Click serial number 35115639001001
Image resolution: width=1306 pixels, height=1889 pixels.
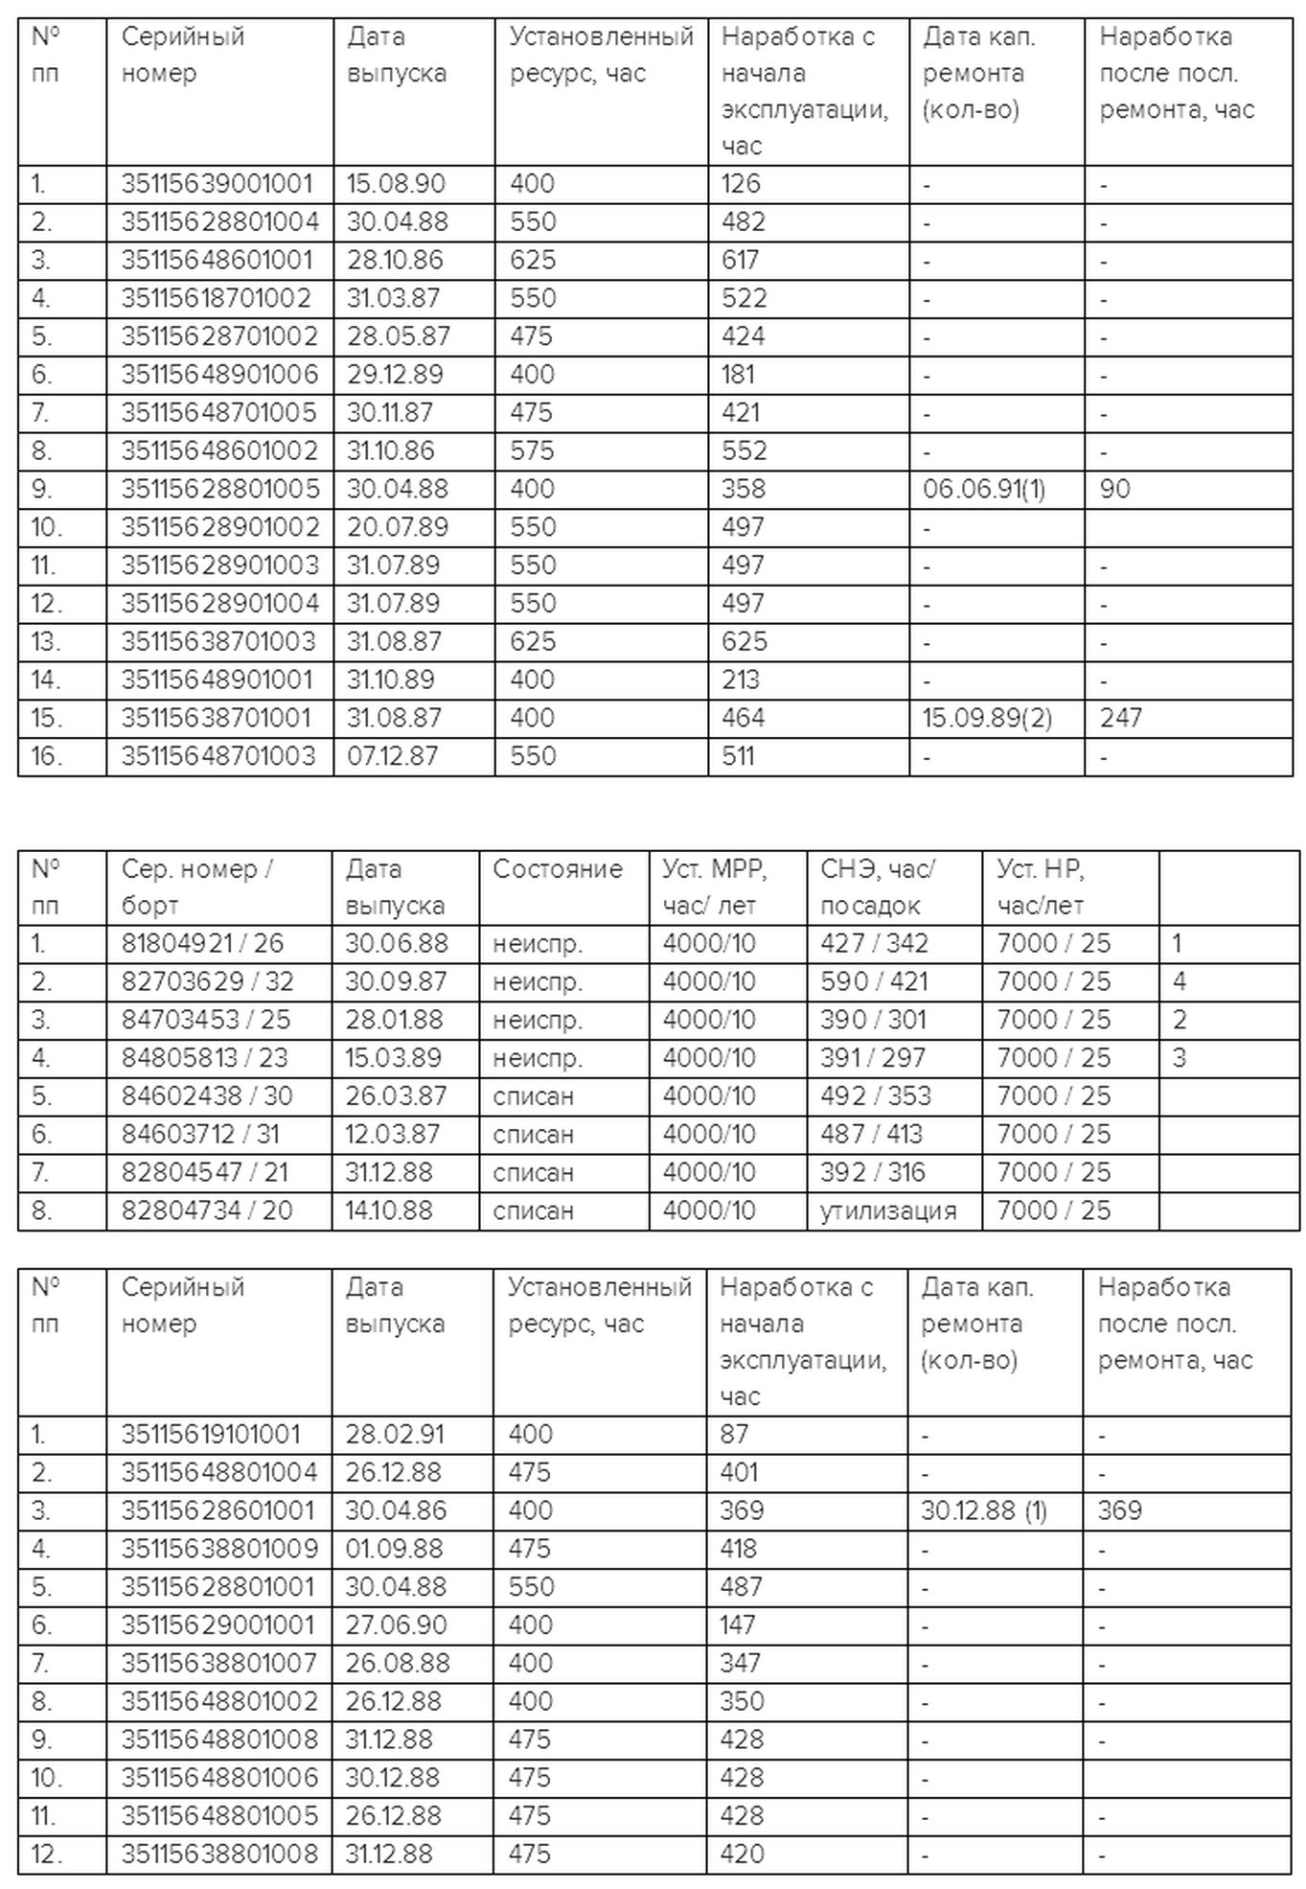click(x=217, y=183)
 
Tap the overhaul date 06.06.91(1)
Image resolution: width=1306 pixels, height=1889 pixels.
click(x=984, y=489)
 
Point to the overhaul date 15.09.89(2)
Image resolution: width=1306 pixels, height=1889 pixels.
click(x=987, y=718)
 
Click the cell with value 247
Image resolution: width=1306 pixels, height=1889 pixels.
click(x=1120, y=718)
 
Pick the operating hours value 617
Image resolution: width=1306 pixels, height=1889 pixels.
click(x=740, y=260)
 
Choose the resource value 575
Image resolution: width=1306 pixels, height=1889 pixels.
click(x=533, y=450)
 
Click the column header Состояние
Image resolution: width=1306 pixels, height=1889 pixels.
click(x=557, y=869)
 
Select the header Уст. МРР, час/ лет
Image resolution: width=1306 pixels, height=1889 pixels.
click(x=715, y=887)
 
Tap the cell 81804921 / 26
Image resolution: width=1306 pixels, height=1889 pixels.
click(x=202, y=943)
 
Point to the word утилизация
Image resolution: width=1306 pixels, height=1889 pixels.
click(x=888, y=1210)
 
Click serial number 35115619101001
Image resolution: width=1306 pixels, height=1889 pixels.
click(x=211, y=1435)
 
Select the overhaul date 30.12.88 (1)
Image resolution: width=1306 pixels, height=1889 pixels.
click(x=984, y=1511)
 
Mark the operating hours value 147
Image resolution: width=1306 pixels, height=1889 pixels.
click(x=738, y=1625)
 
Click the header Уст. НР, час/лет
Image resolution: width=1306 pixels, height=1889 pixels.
click(x=1041, y=887)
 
